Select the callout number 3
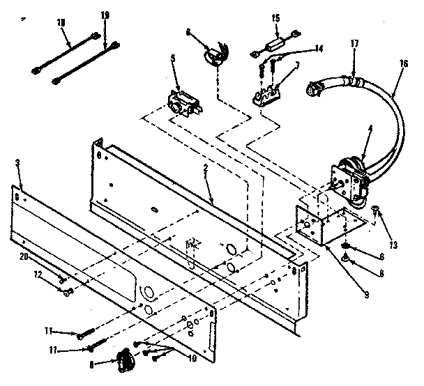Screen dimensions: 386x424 (x=16, y=164)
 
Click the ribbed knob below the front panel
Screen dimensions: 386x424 (x=124, y=361)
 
